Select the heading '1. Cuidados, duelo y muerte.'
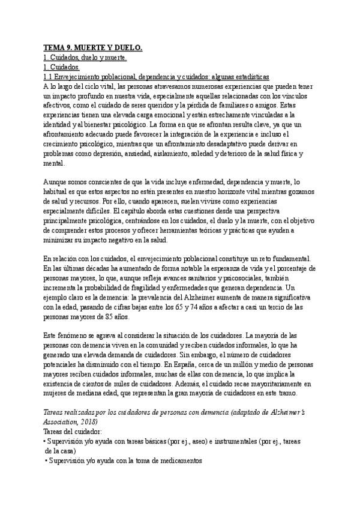[85, 57]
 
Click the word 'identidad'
[59, 125]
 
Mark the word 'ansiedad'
[155, 155]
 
